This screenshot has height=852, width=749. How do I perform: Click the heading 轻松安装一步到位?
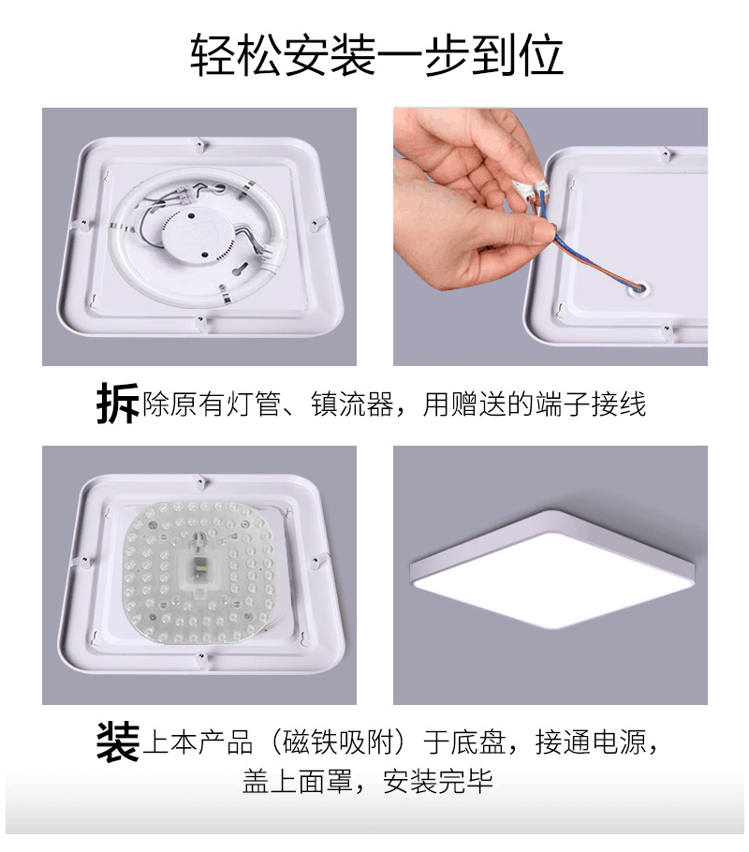point(376,56)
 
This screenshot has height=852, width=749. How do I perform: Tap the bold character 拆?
point(118,404)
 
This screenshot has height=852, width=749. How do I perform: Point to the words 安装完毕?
point(438,782)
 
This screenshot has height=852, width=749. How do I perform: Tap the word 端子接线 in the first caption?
point(591,405)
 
